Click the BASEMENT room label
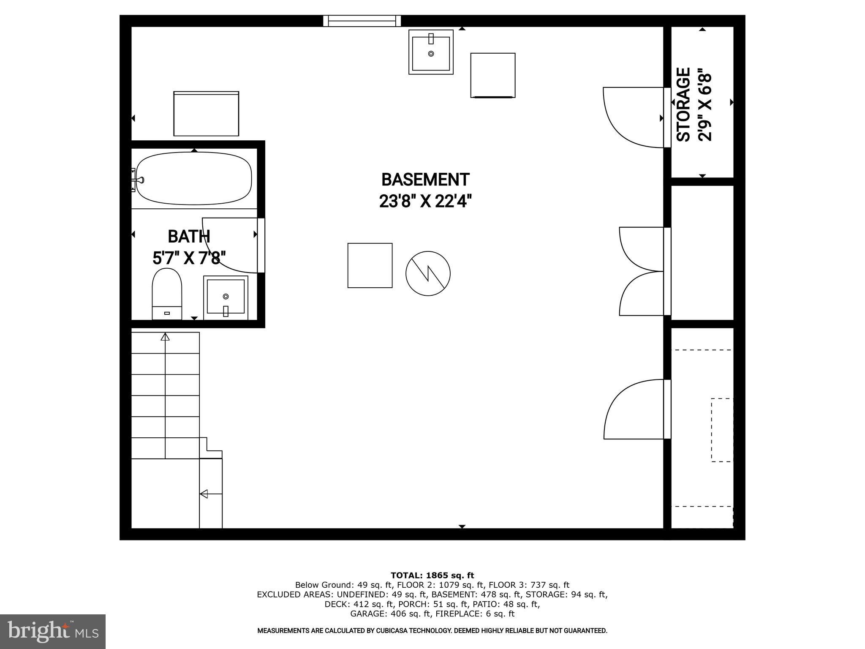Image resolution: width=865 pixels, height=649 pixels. tap(425, 180)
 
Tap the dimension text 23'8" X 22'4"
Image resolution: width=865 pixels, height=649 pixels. tap(425, 202)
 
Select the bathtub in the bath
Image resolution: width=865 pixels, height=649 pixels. tap(194, 178)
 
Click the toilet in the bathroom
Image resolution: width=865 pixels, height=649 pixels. tap(167, 294)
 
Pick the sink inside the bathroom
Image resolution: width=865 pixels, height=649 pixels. tap(226, 297)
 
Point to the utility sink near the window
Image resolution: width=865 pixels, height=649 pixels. tap(431, 52)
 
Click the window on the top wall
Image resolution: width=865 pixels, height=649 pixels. tap(362, 21)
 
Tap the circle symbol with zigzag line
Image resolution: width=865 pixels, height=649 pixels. tap(428, 273)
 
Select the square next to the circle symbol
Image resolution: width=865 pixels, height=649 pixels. tap(370, 265)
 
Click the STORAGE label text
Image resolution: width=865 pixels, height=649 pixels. tap(683, 104)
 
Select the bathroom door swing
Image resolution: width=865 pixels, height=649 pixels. tap(231, 245)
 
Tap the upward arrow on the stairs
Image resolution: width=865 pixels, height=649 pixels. tap(165, 337)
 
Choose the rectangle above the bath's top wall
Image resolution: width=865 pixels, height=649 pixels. tap(206, 114)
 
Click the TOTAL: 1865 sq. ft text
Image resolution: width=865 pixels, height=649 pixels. tap(432, 575)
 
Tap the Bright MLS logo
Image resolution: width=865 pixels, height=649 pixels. tap(53, 632)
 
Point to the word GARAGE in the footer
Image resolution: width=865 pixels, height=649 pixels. tap(367, 614)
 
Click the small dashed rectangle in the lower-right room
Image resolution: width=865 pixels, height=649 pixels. tap(722, 430)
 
